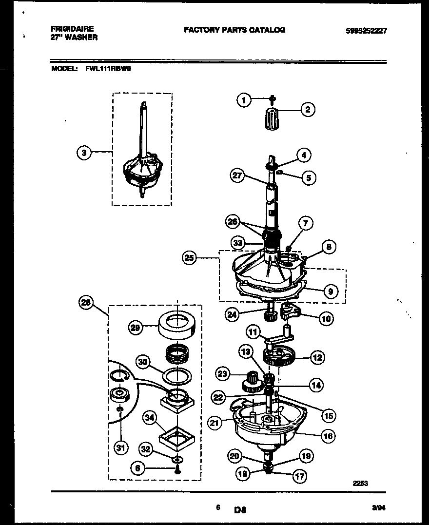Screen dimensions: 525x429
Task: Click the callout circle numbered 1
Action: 244,100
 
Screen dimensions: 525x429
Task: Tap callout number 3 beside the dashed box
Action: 85,153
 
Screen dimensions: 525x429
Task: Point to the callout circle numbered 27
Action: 237,176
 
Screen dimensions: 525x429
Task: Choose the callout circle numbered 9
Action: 331,292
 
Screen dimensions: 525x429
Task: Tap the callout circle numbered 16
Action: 329,436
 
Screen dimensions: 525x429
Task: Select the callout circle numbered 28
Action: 85,303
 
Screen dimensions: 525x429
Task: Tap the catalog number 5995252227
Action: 366,30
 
